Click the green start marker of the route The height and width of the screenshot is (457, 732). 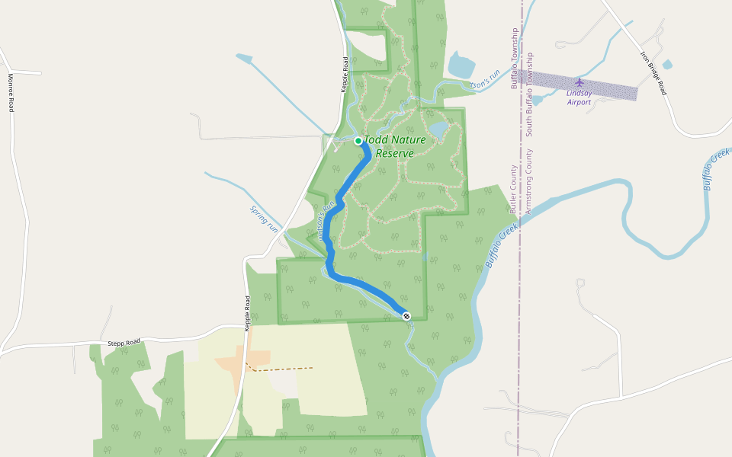point(358,140)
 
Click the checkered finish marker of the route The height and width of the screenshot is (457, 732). point(406,315)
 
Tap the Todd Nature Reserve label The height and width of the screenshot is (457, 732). point(394,146)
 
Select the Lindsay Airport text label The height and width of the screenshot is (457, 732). point(579,97)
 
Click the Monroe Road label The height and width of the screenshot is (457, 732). point(11,92)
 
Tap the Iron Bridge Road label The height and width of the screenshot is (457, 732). point(653,72)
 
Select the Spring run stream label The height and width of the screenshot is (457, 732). point(265,218)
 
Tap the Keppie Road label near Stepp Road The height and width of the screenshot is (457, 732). point(247,313)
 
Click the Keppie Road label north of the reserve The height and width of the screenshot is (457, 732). point(345,75)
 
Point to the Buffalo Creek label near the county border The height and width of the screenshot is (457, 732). point(501,245)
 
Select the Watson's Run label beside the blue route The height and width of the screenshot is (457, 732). point(327,221)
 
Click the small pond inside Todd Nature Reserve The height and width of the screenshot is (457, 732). point(438,129)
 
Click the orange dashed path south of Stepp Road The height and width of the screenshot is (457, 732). point(282,369)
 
